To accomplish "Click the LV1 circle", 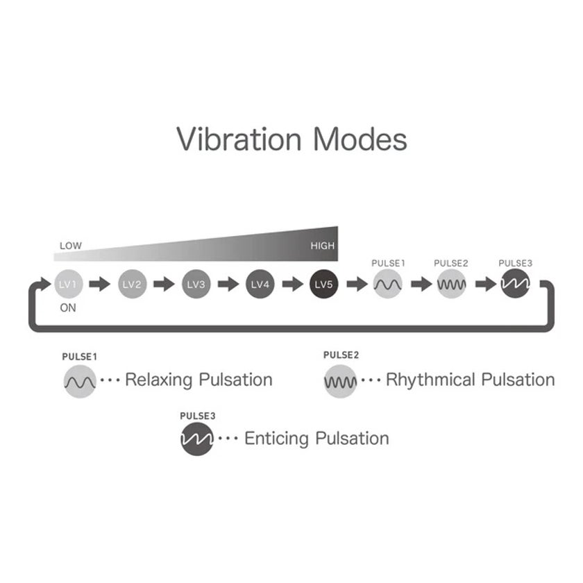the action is (69, 284).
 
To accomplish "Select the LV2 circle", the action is (133, 284).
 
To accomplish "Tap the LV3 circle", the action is (196, 284).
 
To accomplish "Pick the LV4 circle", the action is (260, 284).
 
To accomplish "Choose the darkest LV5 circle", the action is (324, 284).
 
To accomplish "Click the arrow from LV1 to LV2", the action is (100, 284).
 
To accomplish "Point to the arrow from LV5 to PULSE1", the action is (357, 284).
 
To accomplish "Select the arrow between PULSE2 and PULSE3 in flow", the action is (486, 284).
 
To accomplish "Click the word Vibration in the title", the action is (239, 139).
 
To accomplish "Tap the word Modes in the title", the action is (360, 139).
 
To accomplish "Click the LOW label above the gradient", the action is (71, 246).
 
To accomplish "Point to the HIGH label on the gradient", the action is (322, 246).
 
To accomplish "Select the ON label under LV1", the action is (68, 308).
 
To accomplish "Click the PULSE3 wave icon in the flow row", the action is (515, 284).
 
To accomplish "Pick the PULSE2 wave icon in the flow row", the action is (451, 284).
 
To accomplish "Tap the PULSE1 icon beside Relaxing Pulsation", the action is (80, 382).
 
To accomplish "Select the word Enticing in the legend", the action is (276, 439).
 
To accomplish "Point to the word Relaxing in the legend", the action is (159, 380).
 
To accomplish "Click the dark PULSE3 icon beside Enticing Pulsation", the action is (197, 439).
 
